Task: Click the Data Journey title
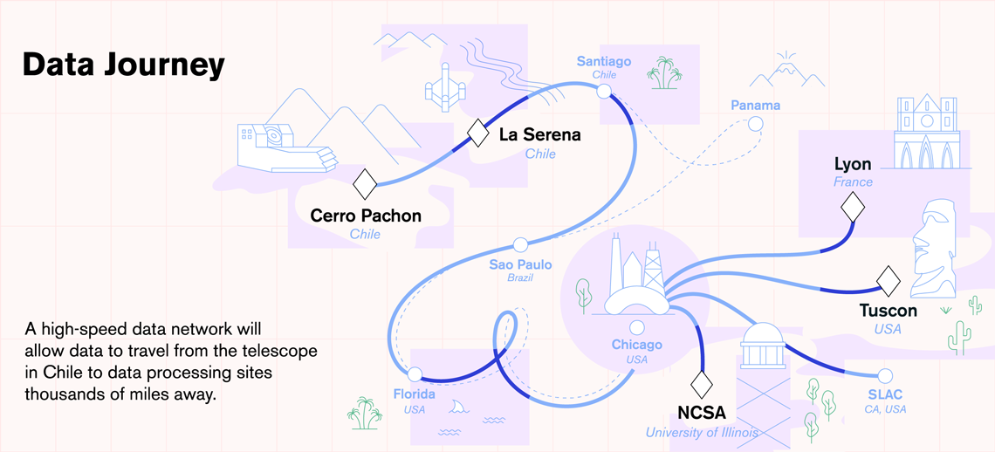point(124,65)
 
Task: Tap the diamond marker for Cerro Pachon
point(365,184)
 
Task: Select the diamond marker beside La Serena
point(478,133)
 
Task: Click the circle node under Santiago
point(604,91)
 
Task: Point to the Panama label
point(755,106)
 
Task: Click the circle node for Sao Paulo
point(520,244)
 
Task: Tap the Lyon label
point(853,164)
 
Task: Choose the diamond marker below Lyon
point(853,208)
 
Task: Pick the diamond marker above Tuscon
point(889,280)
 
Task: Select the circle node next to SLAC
point(885,375)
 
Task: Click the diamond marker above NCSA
point(702,384)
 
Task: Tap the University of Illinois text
point(702,432)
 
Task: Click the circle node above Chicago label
point(637,328)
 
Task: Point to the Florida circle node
point(415,375)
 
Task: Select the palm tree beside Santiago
point(665,72)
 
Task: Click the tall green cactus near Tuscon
point(959,337)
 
